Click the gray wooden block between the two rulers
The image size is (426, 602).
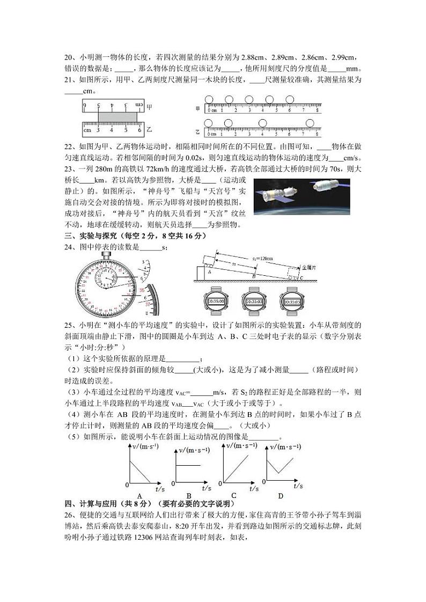117,115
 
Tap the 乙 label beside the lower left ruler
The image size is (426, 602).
150,129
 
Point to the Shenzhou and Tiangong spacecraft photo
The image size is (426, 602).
302,196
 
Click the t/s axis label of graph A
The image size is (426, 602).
159,489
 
